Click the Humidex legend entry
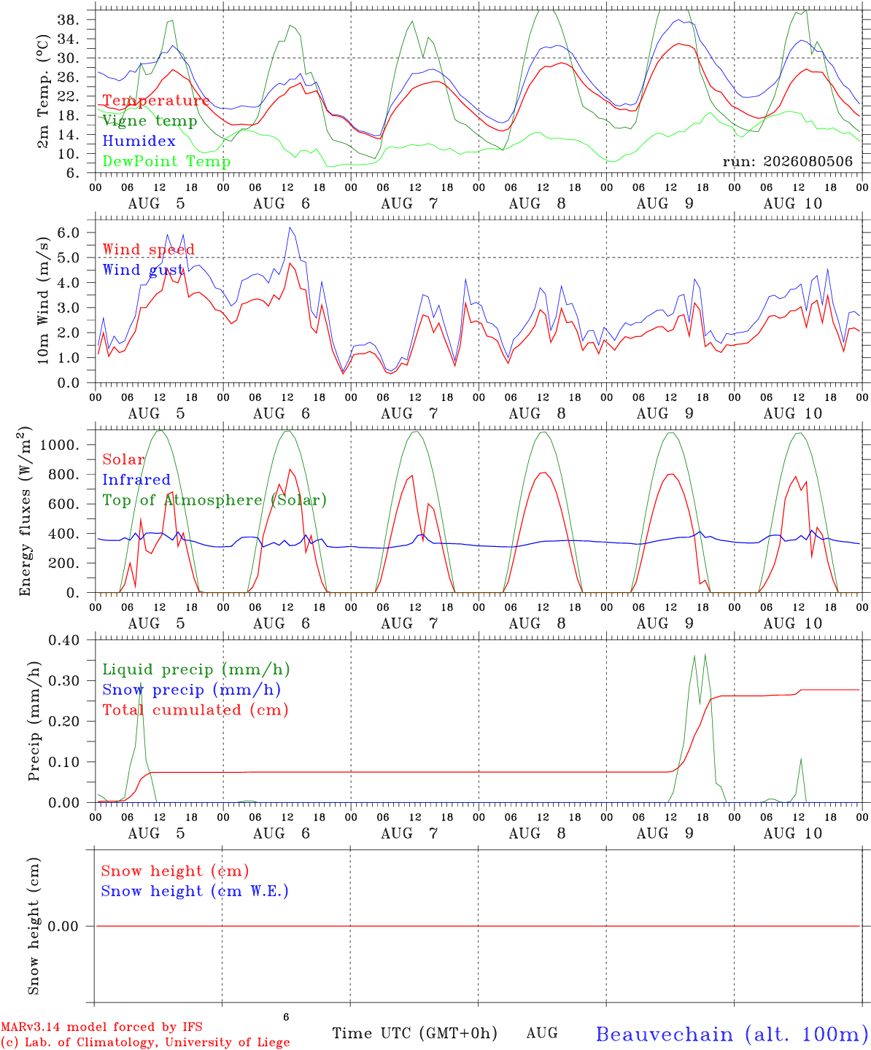(139, 141)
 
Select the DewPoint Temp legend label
(166, 161)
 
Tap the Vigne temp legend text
(150, 121)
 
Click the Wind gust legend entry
(143, 270)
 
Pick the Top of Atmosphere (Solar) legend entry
(214, 500)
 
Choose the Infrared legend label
(136, 479)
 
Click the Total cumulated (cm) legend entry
(196, 709)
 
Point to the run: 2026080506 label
(787, 161)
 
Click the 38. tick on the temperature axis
(68, 20)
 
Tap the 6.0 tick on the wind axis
(68, 233)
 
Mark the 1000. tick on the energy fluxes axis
(60, 445)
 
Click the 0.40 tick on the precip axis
(64, 640)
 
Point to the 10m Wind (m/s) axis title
(43, 300)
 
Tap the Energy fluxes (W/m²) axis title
(24, 511)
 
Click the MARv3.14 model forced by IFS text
(101, 1027)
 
